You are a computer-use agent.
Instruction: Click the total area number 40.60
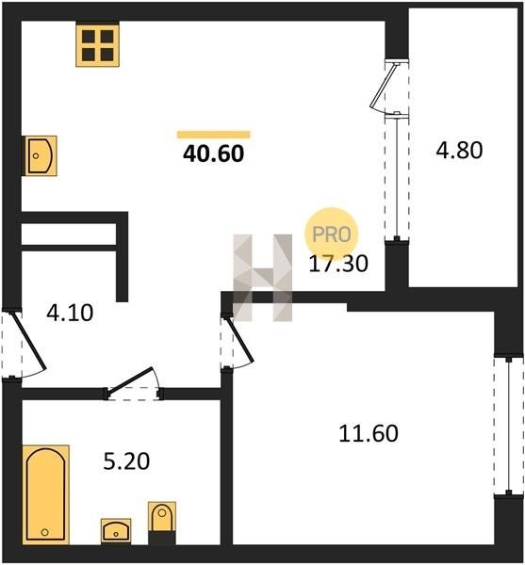[x=213, y=153]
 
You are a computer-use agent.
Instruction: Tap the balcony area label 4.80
[x=459, y=151]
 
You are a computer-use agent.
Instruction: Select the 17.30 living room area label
[x=338, y=264]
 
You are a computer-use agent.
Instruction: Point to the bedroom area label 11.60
[x=369, y=433]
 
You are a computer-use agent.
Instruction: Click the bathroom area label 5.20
[x=126, y=461]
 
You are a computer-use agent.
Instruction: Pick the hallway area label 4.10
[x=70, y=313]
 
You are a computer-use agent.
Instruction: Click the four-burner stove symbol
[x=97, y=44]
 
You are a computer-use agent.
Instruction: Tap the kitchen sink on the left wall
[x=40, y=155]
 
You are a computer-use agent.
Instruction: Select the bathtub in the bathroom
[x=46, y=494]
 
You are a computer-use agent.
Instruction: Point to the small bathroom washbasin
[x=116, y=531]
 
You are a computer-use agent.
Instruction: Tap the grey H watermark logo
[x=262, y=278]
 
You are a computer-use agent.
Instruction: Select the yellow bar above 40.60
[x=213, y=135]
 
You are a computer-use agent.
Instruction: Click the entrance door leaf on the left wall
[x=29, y=341]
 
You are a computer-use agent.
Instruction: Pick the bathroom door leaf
[x=130, y=379]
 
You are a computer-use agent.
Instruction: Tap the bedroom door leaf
[x=240, y=339]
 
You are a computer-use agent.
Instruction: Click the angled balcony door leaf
[x=384, y=85]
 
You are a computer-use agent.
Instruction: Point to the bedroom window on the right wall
[x=508, y=427]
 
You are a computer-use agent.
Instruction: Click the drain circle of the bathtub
[x=45, y=532]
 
